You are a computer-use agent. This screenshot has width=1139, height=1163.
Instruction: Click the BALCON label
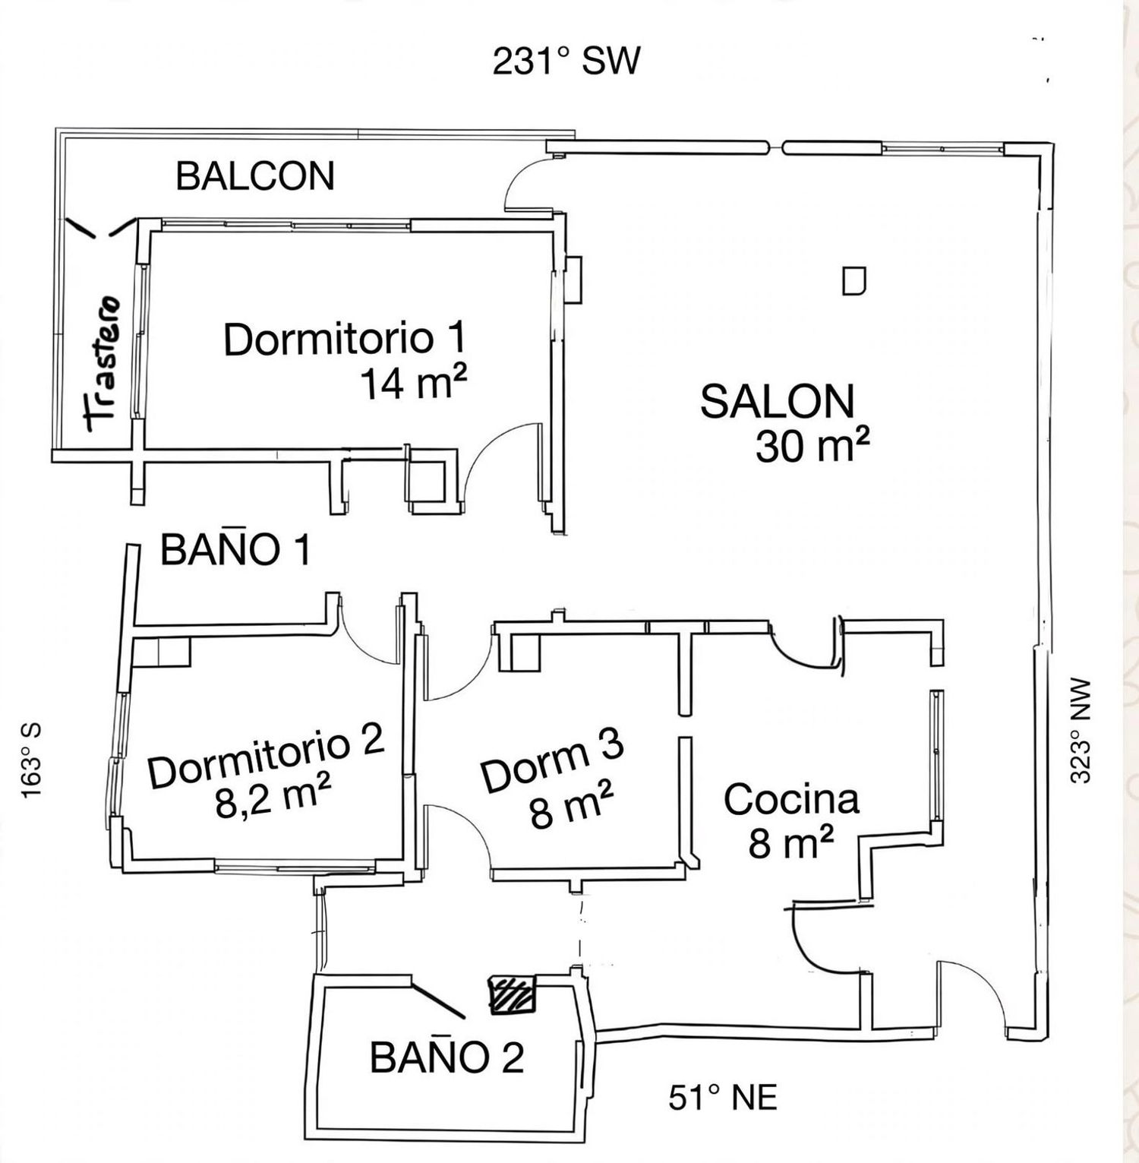(255, 176)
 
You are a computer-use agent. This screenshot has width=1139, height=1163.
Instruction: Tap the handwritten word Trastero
(103, 364)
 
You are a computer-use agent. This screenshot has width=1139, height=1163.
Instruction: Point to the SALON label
(777, 401)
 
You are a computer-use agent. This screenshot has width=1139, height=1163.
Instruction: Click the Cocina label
(791, 799)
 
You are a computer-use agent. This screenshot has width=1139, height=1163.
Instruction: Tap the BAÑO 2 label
(447, 1057)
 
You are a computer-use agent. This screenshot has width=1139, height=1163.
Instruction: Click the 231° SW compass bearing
(566, 62)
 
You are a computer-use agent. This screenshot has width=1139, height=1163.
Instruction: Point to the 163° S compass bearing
(32, 759)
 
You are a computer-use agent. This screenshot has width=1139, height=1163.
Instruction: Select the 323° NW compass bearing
(1080, 731)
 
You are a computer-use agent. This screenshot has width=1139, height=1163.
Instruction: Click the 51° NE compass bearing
(723, 1098)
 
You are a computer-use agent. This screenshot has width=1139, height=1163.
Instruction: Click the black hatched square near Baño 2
(512, 994)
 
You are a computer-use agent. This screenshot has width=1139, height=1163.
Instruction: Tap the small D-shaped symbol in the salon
(855, 281)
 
